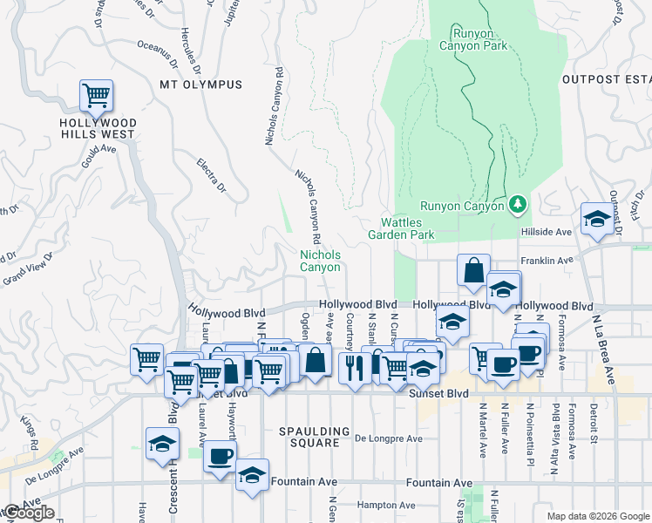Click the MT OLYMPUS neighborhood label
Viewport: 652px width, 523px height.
click(201, 85)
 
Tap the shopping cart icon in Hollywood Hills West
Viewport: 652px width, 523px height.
click(96, 95)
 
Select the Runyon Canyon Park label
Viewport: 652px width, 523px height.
click(472, 40)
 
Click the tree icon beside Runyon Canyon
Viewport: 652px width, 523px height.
click(518, 204)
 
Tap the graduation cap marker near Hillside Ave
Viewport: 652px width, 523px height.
click(597, 219)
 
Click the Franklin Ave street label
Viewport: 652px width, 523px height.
click(547, 261)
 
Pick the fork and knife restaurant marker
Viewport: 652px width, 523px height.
click(354, 367)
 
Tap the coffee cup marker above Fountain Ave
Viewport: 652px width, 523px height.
click(220, 456)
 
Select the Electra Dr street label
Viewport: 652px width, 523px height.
click(212, 175)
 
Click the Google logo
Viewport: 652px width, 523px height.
click(29, 513)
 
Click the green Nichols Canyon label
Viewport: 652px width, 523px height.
click(320, 261)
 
